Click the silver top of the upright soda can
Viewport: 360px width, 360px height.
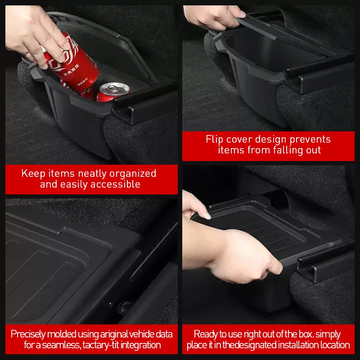tap(115, 89)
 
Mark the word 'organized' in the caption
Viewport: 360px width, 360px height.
tap(133, 174)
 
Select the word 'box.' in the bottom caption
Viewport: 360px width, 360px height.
tap(306, 334)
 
